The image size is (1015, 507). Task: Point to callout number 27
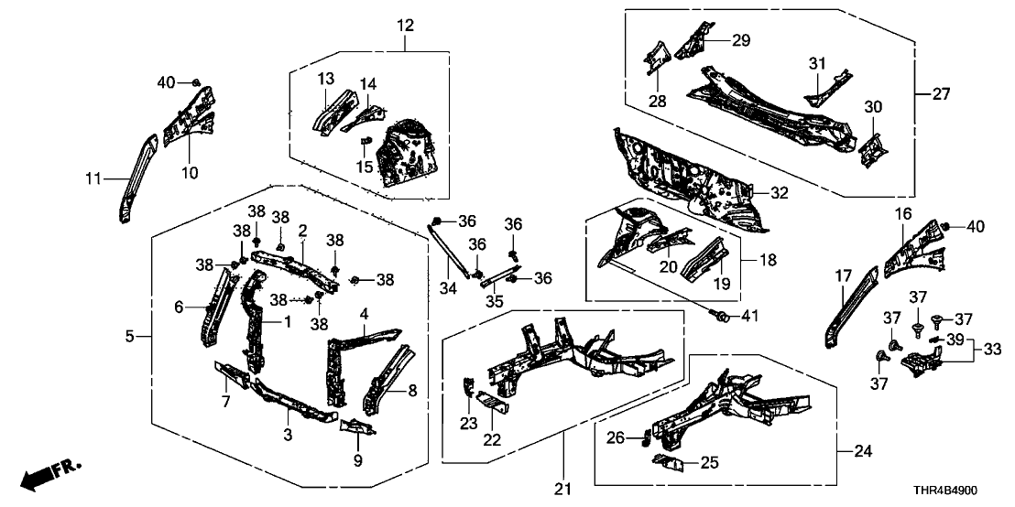coord(941,93)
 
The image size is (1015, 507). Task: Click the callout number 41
coord(750,317)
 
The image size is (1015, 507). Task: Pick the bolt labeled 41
coord(721,317)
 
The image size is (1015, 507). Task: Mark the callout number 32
coord(778,192)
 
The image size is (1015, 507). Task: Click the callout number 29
coord(740,39)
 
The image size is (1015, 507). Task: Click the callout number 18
coord(767,260)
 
